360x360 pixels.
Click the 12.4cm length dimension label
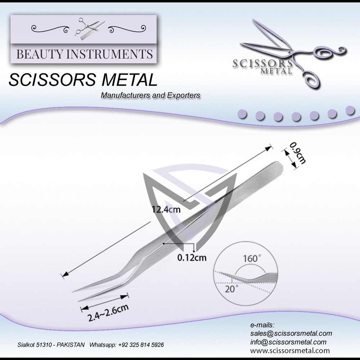tap(166, 210)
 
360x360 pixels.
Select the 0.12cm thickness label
tap(192, 258)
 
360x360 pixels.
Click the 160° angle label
tap(250, 258)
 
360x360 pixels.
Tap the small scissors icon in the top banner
tap(84, 27)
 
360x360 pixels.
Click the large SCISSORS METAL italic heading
tap(83, 80)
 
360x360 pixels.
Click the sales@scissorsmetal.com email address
tap(291, 333)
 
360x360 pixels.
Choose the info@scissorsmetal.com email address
tap(288, 342)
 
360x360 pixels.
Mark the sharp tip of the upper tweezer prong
tap(73, 292)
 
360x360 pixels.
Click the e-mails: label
tap(262, 325)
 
